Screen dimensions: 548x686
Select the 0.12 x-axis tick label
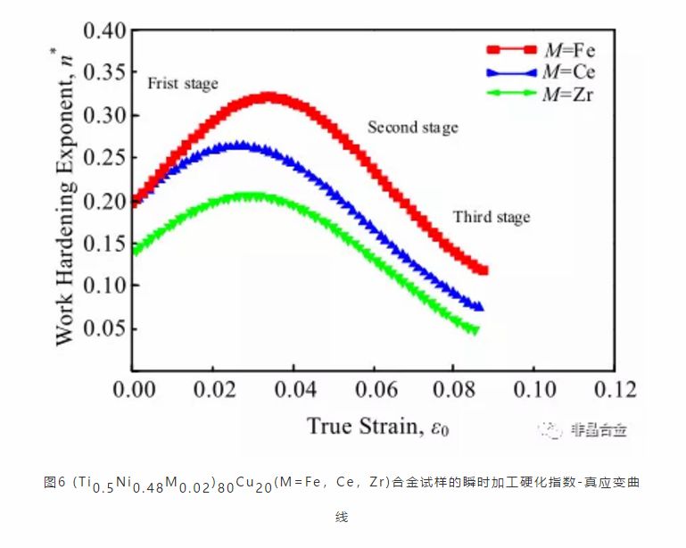pos(614,390)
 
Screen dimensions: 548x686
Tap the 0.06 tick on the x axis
pos(372,390)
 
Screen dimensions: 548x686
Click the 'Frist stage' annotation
pos(182,84)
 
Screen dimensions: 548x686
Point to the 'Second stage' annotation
pos(412,128)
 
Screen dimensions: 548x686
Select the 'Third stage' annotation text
pos(491,217)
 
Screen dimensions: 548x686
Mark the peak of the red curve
pos(268,96)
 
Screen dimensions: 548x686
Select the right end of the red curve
pos(484,270)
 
